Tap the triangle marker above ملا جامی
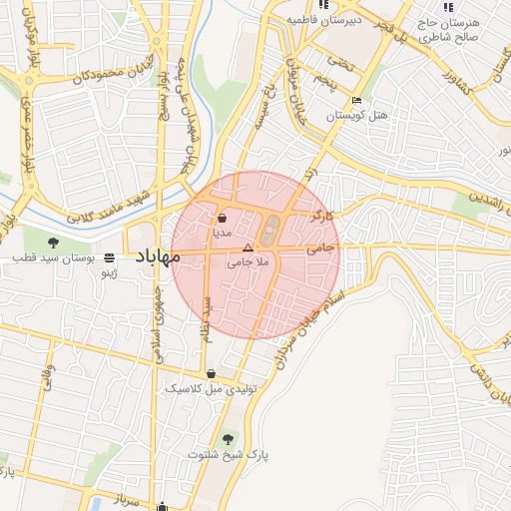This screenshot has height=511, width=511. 249,247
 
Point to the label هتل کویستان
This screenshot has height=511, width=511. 356,117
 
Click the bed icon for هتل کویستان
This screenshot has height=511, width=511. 357,101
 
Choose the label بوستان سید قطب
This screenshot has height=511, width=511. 53,257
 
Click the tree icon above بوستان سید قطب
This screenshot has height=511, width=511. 53,242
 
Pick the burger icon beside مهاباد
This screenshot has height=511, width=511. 109,257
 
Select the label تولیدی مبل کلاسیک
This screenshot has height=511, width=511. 212,388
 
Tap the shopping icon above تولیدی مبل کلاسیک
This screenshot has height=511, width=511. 211,373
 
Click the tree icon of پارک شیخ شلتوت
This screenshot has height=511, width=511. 229,439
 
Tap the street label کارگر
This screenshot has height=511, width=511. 322,216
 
